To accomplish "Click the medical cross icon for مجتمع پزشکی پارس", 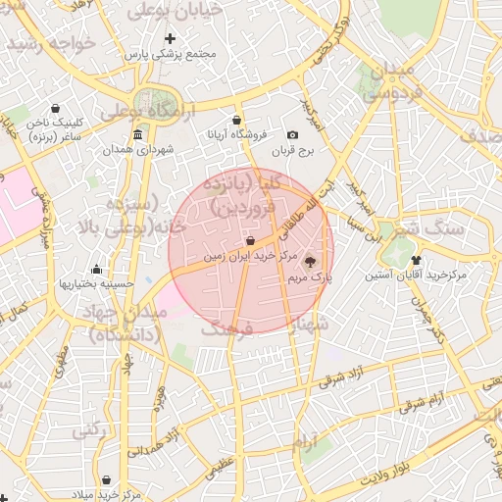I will pos(170,38).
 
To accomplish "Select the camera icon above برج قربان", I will pos(292,135).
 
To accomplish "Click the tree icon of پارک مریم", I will pos(311,262).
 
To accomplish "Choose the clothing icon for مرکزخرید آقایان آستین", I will pos(417,261).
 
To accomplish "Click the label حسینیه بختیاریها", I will pos(96,283).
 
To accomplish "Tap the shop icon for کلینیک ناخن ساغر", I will pos(54,108).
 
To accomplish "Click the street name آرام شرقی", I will pos(423,399).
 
